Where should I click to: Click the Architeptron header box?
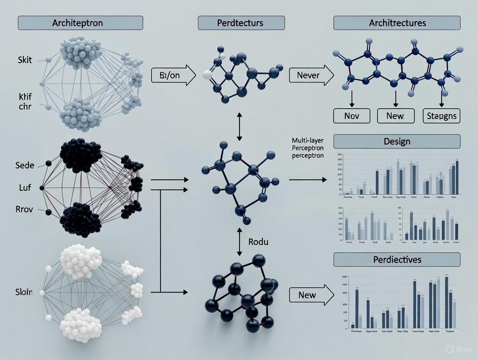coord(80,23)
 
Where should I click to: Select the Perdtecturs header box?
coord(241,23)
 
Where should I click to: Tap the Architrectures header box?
coord(397,23)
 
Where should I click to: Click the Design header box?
coord(397,141)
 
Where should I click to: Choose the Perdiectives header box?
coord(397,260)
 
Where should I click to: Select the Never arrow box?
coord(310,76)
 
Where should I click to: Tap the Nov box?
coord(352,116)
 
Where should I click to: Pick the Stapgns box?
coord(442,116)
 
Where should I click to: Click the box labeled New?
coord(397,116)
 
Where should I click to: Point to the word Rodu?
coord(258,241)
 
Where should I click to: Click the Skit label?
coord(25,60)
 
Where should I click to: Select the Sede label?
coord(25,165)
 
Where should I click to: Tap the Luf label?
coord(25,188)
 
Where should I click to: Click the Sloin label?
coord(23,292)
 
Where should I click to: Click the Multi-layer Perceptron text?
coord(308,148)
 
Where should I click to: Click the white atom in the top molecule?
coord(208,74)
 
